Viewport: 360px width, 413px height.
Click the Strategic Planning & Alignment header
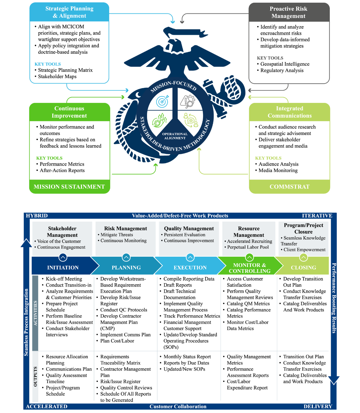point(69,12)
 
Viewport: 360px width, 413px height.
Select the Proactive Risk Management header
point(288,12)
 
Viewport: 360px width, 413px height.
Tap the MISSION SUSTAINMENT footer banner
point(69,187)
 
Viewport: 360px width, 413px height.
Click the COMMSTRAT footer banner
point(289,187)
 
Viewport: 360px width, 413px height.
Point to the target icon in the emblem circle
point(162,101)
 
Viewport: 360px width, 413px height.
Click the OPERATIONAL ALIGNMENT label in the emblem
point(175,136)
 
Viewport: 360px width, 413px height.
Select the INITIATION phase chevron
point(63,267)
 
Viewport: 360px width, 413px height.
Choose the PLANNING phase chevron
point(126,267)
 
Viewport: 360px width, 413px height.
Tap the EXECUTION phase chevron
point(190,267)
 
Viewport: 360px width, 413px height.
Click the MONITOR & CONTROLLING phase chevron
point(250,268)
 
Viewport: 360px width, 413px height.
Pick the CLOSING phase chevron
point(303,267)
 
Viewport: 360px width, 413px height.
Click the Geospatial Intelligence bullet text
point(285,64)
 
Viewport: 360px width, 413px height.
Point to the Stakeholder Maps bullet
point(57,76)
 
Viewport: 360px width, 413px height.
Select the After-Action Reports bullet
point(62,170)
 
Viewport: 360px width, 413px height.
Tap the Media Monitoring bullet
point(278,170)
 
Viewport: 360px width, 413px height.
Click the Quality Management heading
point(189,229)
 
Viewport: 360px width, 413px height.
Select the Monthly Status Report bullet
point(187,357)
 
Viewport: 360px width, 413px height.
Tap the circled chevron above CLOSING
point(303,257)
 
